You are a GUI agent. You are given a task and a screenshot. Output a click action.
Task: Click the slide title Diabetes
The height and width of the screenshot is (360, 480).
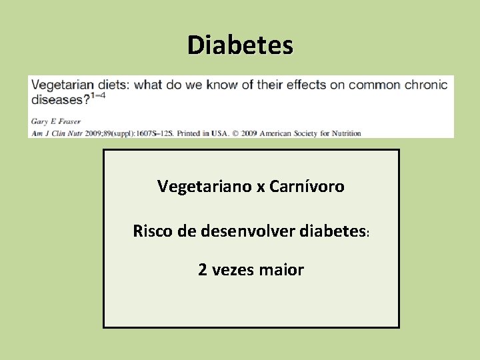click(240, 45)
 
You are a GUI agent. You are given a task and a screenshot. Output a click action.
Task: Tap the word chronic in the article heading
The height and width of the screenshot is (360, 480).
click(425, 85)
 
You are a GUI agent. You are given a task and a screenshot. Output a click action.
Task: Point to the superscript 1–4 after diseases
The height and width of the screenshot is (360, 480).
click(97, 96)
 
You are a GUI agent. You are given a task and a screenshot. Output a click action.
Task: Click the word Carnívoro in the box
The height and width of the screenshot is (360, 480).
click(307, 187)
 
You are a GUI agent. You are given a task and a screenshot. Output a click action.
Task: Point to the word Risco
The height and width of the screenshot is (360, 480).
click(153, 231)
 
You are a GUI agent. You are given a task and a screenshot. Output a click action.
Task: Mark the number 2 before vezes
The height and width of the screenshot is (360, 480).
click(202, 270)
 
